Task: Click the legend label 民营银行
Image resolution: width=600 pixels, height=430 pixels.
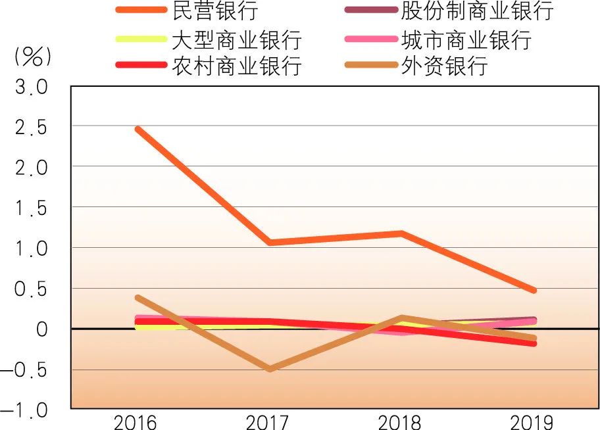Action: (x=213, y=12)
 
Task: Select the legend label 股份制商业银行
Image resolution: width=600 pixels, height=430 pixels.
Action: (x=477, y=12)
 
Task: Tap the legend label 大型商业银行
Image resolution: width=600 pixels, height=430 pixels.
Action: (x=236, y=39)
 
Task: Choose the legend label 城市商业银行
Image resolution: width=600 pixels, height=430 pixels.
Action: (x=466, y=39)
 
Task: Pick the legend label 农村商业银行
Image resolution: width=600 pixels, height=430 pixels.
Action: (x=236, y=66)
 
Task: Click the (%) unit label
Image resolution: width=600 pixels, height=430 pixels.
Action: (x=32, y=58)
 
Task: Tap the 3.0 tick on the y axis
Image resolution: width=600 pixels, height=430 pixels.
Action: (x=32, y=87)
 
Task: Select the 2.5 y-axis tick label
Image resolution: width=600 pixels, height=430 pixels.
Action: (x=32, y=127)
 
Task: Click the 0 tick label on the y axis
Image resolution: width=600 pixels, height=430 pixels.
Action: (x=41, y=329)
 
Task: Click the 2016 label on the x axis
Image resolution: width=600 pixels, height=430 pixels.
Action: (x=136, y=421)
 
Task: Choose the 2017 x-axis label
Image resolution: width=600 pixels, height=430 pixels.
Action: (x=268, y=421)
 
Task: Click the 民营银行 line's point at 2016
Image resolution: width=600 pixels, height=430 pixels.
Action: (x=137, y=130)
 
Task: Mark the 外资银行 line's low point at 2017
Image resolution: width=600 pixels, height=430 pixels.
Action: (x=269, y=369)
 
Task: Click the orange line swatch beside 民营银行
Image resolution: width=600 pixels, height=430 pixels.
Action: (x=141, y=10)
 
